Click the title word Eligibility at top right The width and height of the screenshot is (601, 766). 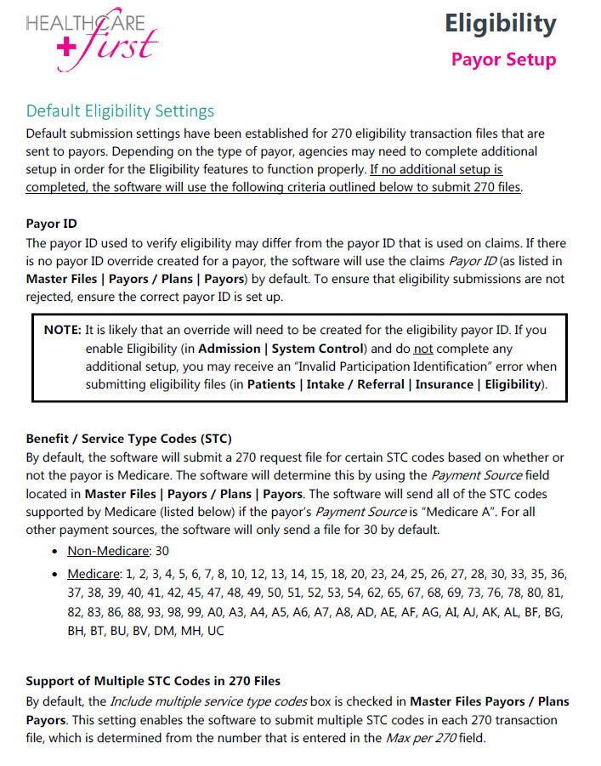click(x=500, y=24)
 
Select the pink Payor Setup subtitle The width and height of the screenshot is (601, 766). click(x=503, y=60)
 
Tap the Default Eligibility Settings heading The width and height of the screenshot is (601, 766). click(x=120, y=111)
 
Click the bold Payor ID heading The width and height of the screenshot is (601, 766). click(x=52, y=224)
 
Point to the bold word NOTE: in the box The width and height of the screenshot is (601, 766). click(x=63, y=330)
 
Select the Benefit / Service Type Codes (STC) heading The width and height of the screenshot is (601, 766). click(x=128, y=440)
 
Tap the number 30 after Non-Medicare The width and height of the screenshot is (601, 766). click(x=162, y=552)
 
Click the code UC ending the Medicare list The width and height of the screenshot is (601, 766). click(x=216, y=632)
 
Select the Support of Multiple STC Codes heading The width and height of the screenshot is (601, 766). click(x=153, y=681)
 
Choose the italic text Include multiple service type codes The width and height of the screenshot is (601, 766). click(x=214, y=701)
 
